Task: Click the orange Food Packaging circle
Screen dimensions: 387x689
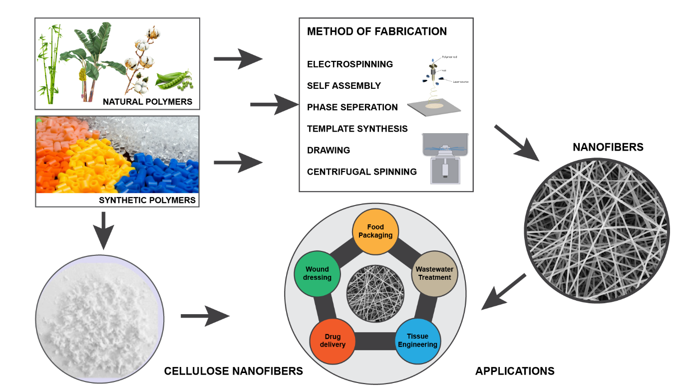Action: click(x=375, y=231)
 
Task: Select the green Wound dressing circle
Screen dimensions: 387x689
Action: click(x=317, y=274)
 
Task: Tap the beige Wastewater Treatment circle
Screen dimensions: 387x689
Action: click(x=434, y=273)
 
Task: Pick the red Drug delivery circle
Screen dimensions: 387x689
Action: click(x=333, y=341)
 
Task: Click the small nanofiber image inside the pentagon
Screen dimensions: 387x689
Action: click(x=375, y=293)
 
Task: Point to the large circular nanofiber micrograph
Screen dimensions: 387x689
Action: click(x=596, y=230)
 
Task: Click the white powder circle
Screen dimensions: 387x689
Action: click(x=99, y=319)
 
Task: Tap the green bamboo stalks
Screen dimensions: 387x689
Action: click(x=50, y=65)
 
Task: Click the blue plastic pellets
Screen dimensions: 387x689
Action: click(x=160, y=175)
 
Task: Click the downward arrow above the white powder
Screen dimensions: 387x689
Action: click(x=103, y=230)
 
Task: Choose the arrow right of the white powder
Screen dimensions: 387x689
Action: click(x=205, y=316)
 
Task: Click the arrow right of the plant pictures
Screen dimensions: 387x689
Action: click(x=238, y=59)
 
